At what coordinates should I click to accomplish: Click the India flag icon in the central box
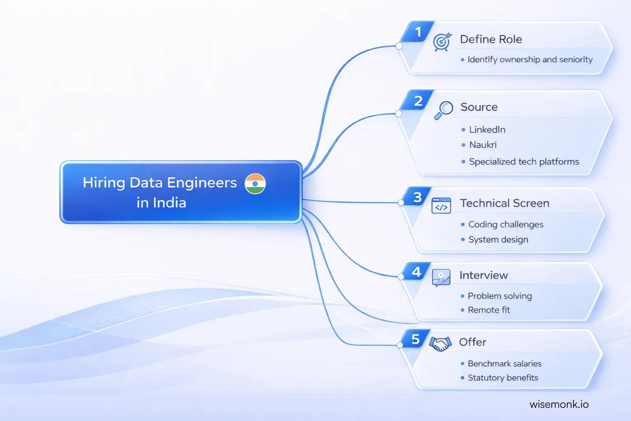pos(255,184)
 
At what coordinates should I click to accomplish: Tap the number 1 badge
pos(418,32)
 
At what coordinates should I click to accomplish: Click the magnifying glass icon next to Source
pos(444,110)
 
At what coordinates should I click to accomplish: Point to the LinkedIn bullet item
pos(487,130)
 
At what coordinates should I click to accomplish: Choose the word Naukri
pos(483,145)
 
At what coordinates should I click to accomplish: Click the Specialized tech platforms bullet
pos(524,162)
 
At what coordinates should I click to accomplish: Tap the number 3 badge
pos(417,197)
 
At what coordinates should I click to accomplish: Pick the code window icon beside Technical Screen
pos(441,206)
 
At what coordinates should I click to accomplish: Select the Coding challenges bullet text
pos(506,224)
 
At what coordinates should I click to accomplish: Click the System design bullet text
pos(498,240)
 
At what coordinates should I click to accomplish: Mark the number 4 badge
pos(417,272)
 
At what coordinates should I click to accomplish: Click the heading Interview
pos(484,275)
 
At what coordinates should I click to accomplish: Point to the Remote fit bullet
pos(489,310)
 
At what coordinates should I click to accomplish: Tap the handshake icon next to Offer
pos(440,344)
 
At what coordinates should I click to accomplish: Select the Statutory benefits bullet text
pos(503,378)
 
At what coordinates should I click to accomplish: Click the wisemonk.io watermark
pos(559,405)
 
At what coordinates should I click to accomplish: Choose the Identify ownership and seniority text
pos(530,60)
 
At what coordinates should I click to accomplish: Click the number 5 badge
pos(416,339)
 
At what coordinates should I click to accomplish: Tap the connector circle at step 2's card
pos(398,113)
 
